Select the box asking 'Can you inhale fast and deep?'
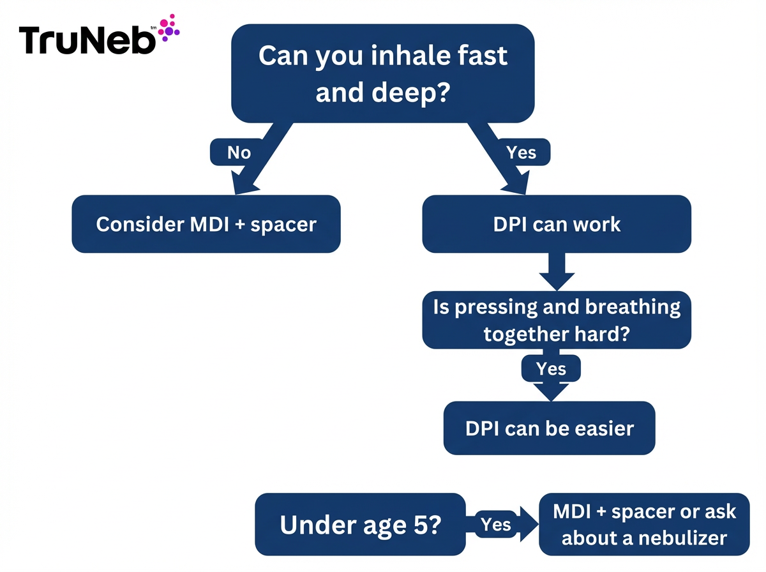pos(383,73)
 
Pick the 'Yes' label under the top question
pos(521,153)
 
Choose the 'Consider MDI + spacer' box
pos(206,224)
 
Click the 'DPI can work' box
pos(557,224)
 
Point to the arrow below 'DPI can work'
pos(557,273)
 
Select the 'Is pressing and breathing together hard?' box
pos(557,320)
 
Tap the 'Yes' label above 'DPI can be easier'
pos(552,368)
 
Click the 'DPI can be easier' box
pos(550,428)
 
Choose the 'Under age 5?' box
pos(360,524)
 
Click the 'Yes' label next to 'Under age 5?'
pos(496,524)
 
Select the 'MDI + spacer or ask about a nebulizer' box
pos(644,524)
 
